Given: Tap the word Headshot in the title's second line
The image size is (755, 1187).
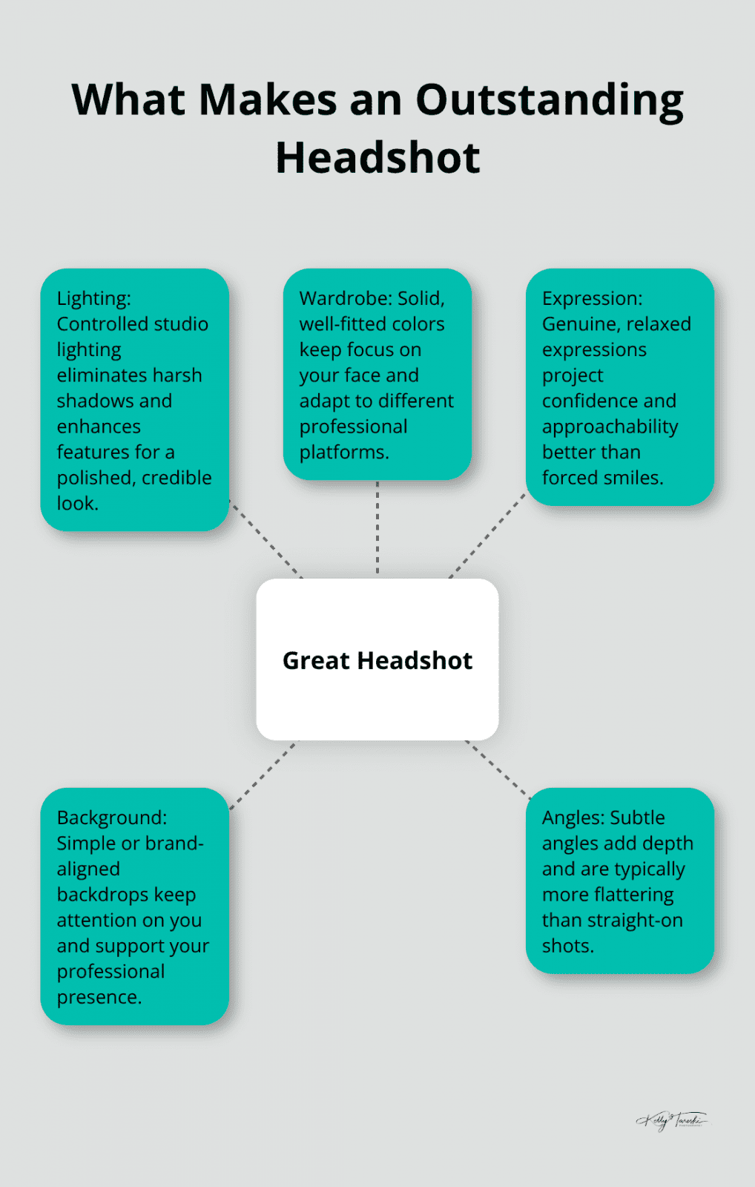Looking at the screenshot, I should [377, 158].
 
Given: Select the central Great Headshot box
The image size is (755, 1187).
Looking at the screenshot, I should [377, 660].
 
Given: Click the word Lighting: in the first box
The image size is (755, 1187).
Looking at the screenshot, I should [93, 298].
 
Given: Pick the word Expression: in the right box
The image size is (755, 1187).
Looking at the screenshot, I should [592, 298].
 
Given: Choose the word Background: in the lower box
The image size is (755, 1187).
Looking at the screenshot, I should [111, 818].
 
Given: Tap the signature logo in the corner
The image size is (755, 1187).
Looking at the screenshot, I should [671, 1119].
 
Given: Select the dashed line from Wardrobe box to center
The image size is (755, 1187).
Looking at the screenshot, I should [377, 528].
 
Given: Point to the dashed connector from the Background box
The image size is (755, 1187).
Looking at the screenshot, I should [263, 776].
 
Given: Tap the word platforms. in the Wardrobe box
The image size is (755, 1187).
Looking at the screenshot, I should [343, 452].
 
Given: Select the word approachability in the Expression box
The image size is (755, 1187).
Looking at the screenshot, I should [610, 427].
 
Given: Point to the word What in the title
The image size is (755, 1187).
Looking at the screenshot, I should [127, 100].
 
